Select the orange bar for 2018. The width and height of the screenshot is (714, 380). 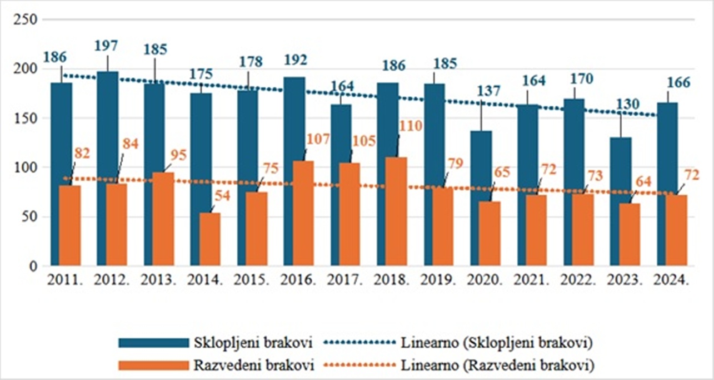pyautogui.click(x=397, y=211)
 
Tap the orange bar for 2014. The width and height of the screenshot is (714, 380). pyautogui.click(x=210, y=239)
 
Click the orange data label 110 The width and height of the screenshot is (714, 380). pyautogui.click(x=411, y=126)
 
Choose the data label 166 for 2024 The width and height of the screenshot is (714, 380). pyautogui.click(x=678, y=82)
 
